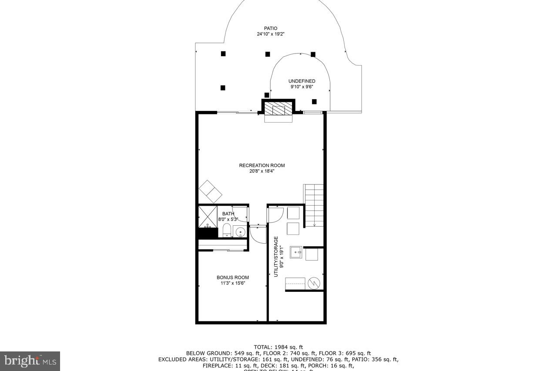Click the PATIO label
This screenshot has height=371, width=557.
(x=270, y=29)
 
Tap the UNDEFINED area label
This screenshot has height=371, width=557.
(x=302, y=81)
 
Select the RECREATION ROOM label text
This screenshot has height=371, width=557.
(x=262, y=165)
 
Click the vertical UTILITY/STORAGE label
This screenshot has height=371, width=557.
(x=276, y=257)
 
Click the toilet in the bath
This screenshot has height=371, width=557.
(x=226, y=231)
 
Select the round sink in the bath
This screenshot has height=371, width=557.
(x=240, y=232)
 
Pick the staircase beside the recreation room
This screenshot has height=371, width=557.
(x=314, y=205)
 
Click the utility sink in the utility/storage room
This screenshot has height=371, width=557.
(x=296, y=252)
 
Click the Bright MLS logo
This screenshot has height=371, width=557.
(x=30, y=361)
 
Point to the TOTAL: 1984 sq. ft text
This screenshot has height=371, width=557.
(x=278, y=347)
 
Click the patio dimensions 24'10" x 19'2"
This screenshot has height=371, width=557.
(x=270, y=34)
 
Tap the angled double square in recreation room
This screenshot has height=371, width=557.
(x=211, y=191)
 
